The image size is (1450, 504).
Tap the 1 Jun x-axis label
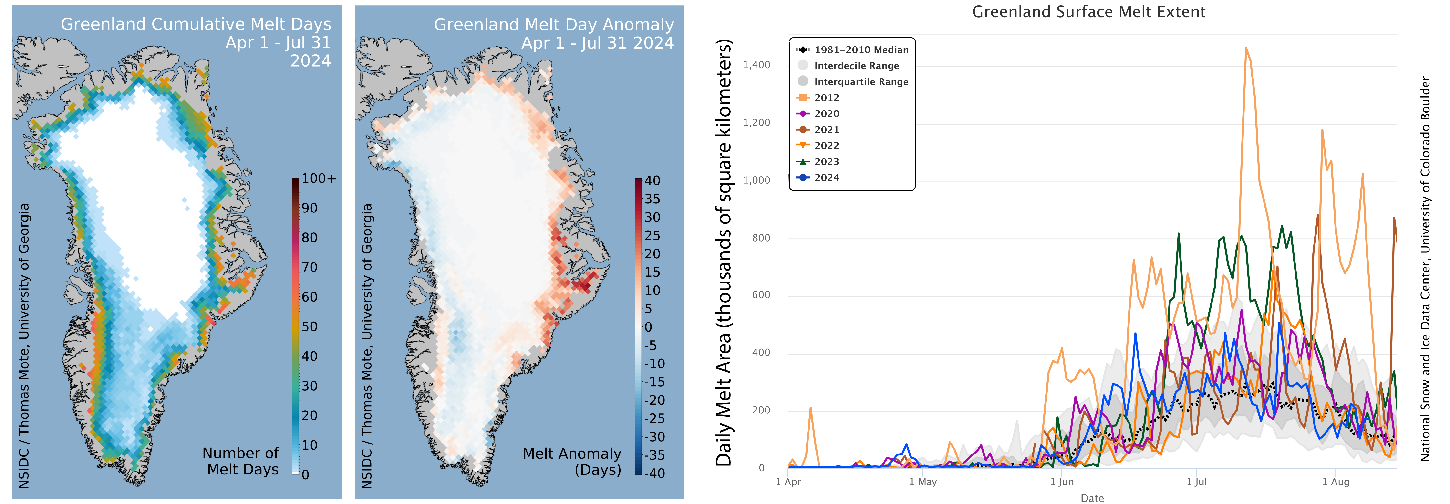tap(1062, 482)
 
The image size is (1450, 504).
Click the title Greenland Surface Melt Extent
tap(1089, 12)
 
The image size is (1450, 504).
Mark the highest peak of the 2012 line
tap(1246, 48)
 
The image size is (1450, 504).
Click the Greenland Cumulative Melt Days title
tap(196, 24)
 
